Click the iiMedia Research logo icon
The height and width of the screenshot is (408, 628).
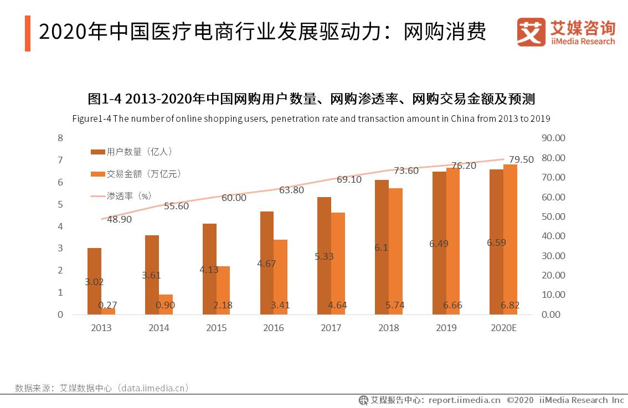coord(531,33)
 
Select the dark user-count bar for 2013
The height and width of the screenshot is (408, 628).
coord(94,281)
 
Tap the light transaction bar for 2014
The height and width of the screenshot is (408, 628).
coord(166,304)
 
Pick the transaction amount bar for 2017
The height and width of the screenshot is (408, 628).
coord(338,264)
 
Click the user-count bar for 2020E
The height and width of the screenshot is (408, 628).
coord(497,242)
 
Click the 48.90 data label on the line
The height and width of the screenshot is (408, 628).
coord(119,219)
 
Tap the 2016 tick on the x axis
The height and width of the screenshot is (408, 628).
coord(274,328)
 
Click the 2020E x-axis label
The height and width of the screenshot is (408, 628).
coord(503,328)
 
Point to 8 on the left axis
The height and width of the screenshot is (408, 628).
coord(60,138)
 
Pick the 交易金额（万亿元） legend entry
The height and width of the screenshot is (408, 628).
coord(136,174)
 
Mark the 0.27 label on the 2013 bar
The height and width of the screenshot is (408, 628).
coord(108,306)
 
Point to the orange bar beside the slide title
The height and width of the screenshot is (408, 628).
coord(28,34)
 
